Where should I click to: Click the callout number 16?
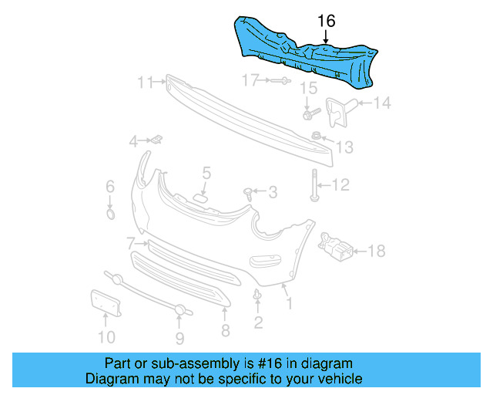pos(327,21)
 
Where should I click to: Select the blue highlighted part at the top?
pos(308,49)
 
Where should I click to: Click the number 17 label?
pos(251,79)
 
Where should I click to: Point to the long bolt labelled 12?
pos(316,185)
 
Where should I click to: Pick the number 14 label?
pos(382,103)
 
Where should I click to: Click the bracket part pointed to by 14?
pos(337,110)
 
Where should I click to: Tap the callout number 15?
pos(308,88)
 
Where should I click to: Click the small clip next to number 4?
pos(156,140)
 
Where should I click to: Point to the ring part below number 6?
pos(110,213)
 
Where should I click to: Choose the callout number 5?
pos(206,173)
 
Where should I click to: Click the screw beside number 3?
pos(249,191)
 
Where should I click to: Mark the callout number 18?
pos(377,251)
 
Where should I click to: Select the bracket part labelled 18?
pos(336,247)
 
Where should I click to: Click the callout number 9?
pos(179,337)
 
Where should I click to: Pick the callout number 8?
pos(225,330)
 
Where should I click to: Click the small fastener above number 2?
pos(257,295)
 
